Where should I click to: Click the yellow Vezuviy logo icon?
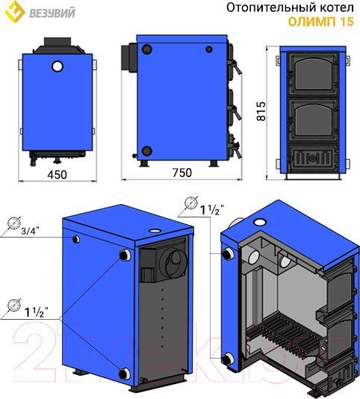click(x=15, y=11)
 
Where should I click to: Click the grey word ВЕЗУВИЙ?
click(x=52, y=13)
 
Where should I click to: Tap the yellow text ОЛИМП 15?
click(x=321, y=22)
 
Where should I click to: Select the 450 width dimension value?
click(x=57, y=175)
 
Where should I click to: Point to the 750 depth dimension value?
click(x=182, y=173)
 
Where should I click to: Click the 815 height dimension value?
click(x=261, y=111)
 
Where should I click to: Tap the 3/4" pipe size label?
click(x=31, y=231)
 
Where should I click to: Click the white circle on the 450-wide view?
click(x=58, y=66)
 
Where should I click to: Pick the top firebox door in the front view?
click(x=313, y=74)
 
